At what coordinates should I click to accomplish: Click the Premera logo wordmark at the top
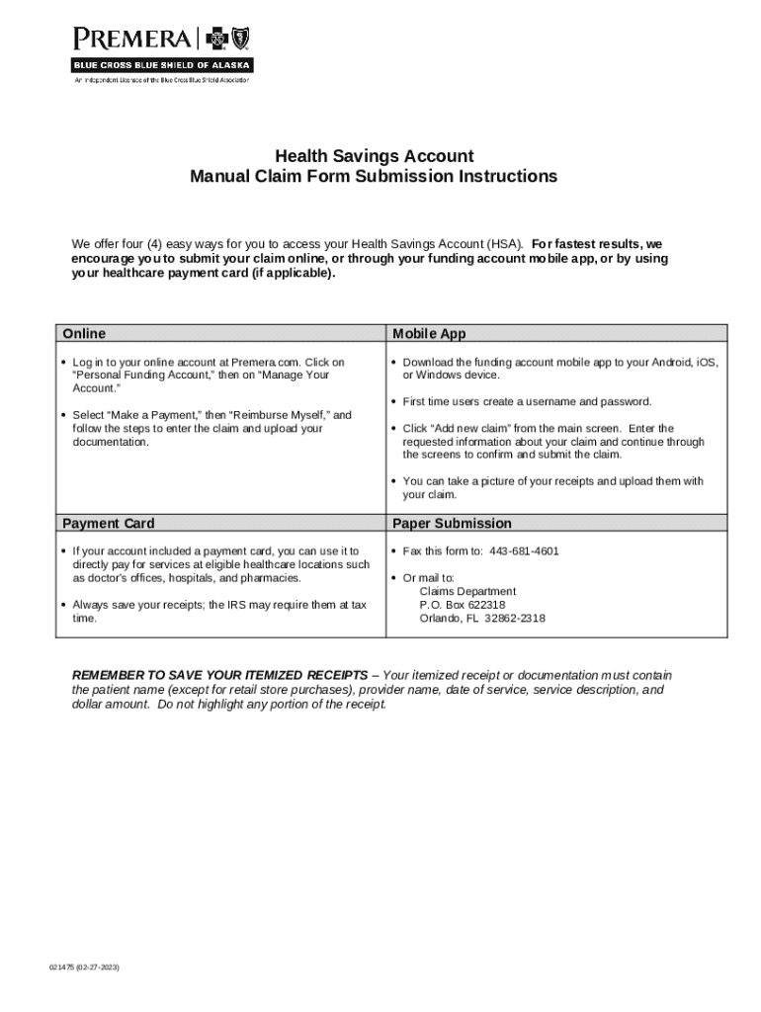(x=133, y=40)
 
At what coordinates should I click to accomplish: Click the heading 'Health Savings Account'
(x=374, y=156)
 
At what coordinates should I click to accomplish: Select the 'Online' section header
(x=84, y=334)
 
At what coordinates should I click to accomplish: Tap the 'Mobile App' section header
(x=429, y=334)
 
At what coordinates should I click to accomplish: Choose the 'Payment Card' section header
(x=109, y=523)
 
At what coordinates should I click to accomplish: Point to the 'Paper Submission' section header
(x=452, y=523)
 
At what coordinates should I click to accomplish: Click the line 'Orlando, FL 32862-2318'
(x=481, y=619)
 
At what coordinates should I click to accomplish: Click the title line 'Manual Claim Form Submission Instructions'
(x=374, y=177)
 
